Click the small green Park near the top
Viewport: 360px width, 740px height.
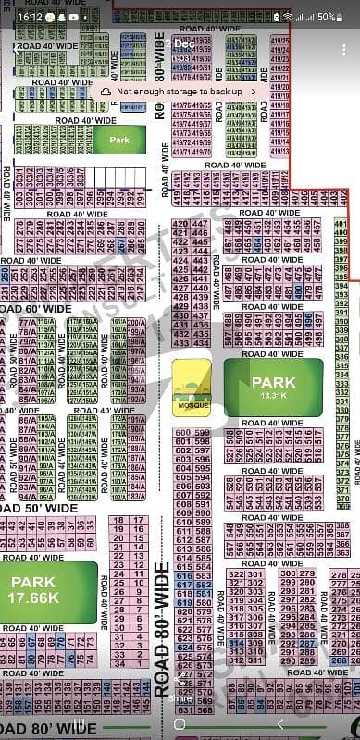[119, 140]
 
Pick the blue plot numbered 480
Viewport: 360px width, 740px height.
[298, 288]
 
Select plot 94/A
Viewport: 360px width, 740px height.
[26, 496]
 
